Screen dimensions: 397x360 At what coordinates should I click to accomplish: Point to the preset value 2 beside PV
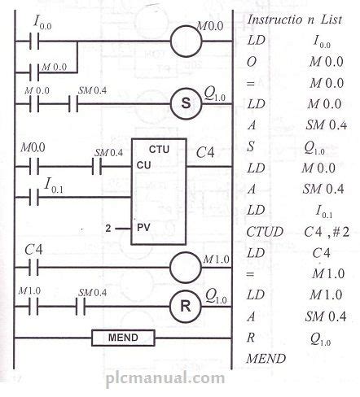click(106, 230)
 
